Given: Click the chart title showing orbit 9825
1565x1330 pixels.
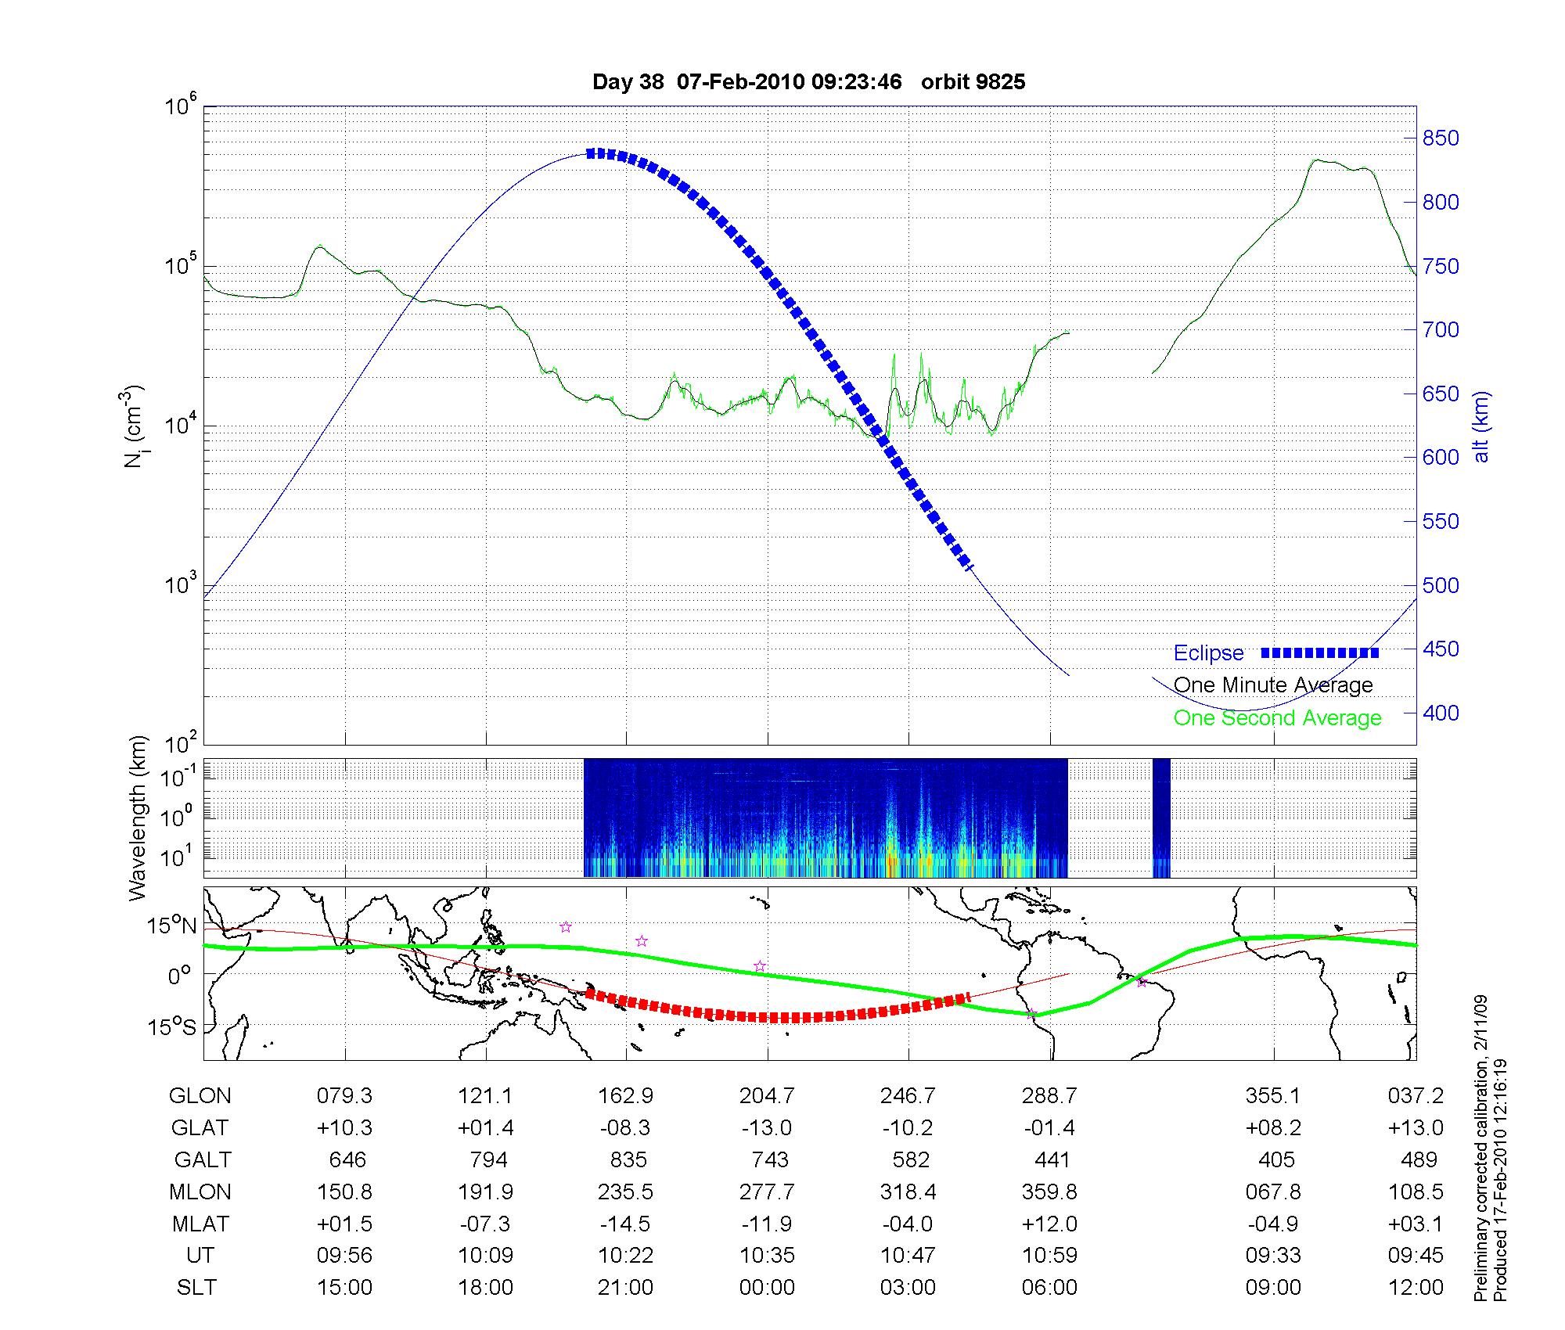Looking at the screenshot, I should (x=808, y=82).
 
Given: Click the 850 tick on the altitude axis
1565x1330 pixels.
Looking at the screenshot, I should (x=1441, y=138).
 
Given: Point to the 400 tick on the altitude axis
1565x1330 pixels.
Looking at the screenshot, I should (x=1441, y=713).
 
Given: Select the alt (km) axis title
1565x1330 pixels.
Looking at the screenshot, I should (x=1482, y=426).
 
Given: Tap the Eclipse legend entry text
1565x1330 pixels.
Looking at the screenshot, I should (x=1208, y=653).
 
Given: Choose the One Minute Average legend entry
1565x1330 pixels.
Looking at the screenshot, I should (x=1273, y=685).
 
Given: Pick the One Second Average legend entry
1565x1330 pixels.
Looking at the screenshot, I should (x=1277, y=718).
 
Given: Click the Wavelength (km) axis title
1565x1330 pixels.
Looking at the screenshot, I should (x=139, y=818).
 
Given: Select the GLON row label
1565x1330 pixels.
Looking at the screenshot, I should (x=200, y=1096).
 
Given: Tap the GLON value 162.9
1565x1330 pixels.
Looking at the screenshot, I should (x=625, y=1096).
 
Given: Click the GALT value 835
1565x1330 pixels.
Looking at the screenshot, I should (x=628, y=1159).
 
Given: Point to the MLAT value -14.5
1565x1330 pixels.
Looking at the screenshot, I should (x=625, y=1224).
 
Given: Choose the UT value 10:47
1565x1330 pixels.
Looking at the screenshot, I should (x=908, y=1256).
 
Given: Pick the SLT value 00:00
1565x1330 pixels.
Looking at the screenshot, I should (x=767, y=1288).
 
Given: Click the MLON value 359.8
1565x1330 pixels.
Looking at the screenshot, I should (x=1049, y=1192).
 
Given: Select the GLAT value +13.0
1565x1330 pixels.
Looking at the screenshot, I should (x=1415, y=1127).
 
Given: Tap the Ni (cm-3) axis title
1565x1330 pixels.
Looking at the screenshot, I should (x=134, y=426).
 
